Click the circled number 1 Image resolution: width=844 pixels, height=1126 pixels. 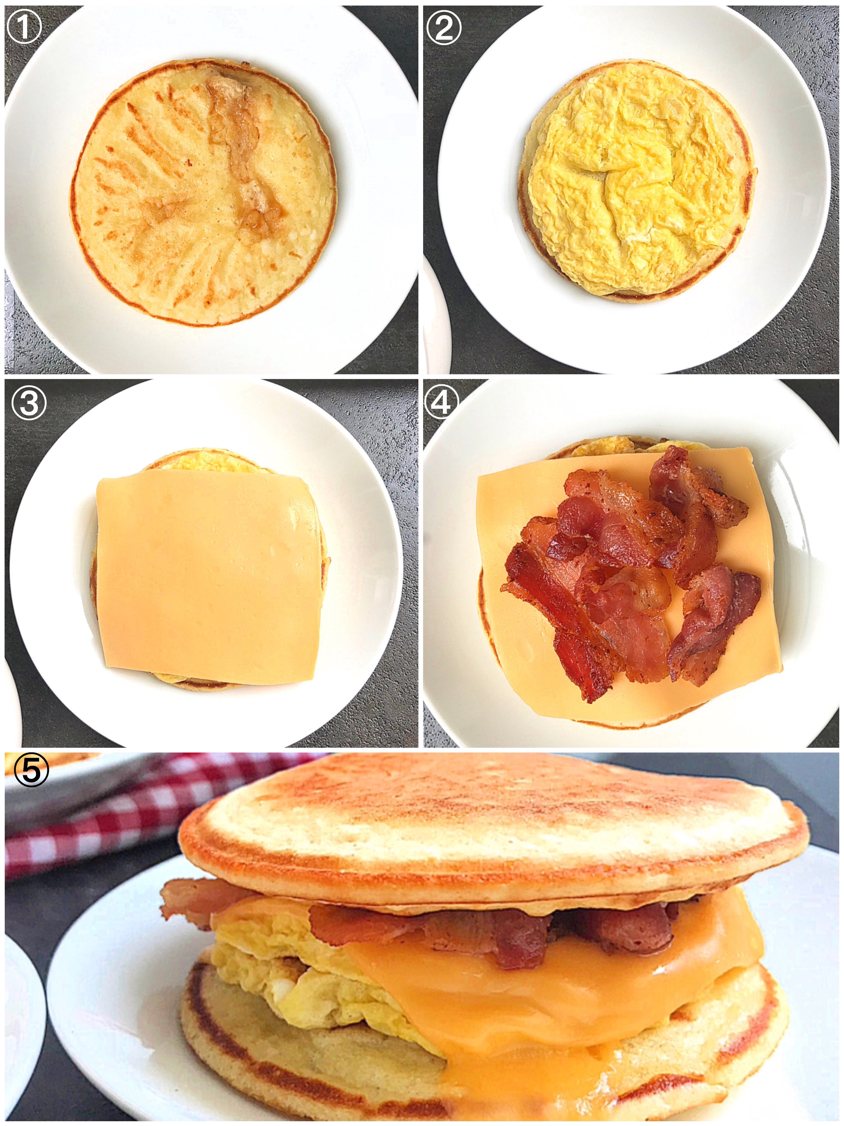(24, 28)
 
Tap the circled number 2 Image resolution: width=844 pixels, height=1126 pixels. (443, 28)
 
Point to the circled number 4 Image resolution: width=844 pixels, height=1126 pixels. (441, 402)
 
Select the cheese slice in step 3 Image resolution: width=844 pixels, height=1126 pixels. (206, 575)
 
